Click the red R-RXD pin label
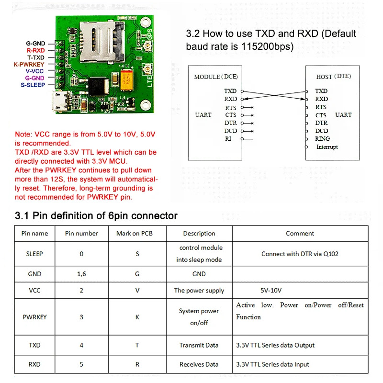pos(35,50)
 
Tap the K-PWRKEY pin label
pos(29,64)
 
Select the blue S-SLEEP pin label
pos(33,85)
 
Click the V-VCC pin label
pos(35,71)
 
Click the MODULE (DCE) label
pos(215,77)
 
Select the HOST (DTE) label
pos(334,77)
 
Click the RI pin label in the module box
pos(228,139)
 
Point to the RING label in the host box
pos(322,139)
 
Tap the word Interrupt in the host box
pos(327,147)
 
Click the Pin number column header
pos(81,234)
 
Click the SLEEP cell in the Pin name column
pos(34,254)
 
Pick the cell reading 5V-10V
pos(271,290)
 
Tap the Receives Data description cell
pos(199,364)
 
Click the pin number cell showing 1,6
pos(81,274)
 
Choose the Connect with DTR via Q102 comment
pos(300,254)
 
